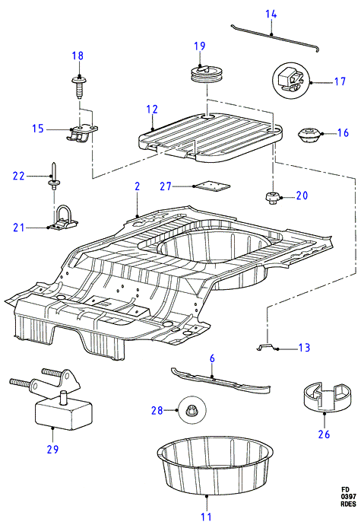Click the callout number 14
tap(271, 14)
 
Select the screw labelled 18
tap(79, 87)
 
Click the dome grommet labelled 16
tap(309, 135)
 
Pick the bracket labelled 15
tap(81, 134)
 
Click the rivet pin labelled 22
tap(53, 177)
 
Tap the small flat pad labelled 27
tap(212, 186)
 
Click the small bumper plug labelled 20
tap(272, 198)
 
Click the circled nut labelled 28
tap(192, 410)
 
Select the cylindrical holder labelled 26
tap(328, 396)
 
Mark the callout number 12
tap(152, 110)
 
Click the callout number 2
tap(137, 186)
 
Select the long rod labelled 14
tap(275, 37)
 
